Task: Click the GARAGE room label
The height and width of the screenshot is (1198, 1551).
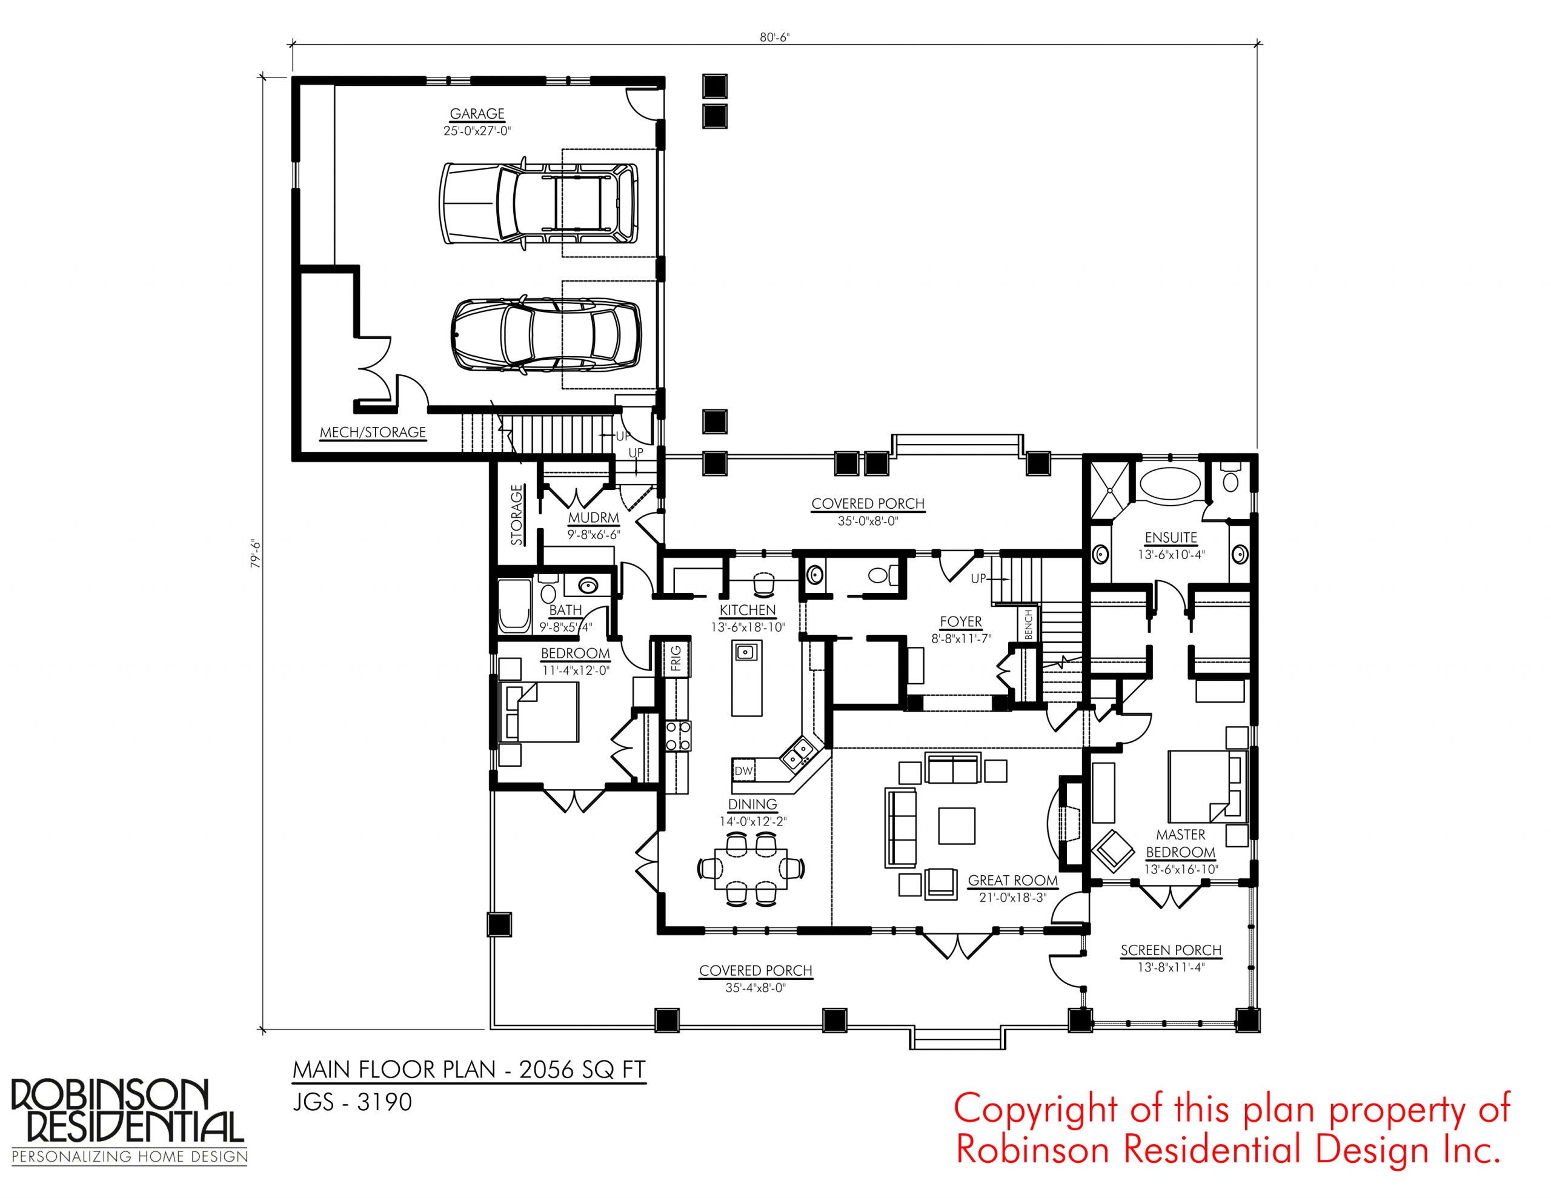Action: click(x=477, y=114)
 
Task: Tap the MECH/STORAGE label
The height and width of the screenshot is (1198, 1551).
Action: click(x=373, y=432)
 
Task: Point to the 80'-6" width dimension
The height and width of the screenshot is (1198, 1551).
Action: click(x=775, y=38)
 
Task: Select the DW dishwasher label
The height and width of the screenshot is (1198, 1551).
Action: click(x=743, y=770)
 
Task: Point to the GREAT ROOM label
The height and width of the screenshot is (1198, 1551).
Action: click(x=1013, y=881)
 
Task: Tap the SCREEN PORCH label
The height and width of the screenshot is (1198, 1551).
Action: click(x=1171, y=950)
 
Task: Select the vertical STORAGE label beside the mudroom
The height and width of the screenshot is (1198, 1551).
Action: click(x=516, y=514)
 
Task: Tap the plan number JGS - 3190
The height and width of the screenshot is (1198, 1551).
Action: click(x=352, y=1102)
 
